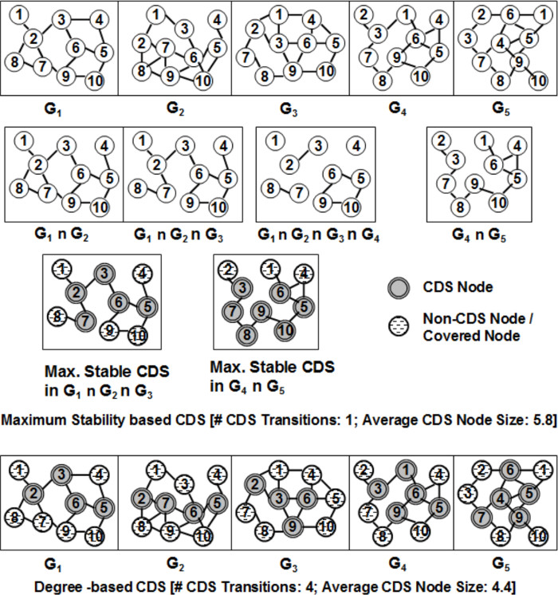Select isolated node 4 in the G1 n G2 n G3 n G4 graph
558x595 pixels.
pos(357,146)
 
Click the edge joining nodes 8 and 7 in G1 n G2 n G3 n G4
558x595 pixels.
pos(285,190)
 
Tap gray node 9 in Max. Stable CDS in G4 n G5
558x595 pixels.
pos(258,309)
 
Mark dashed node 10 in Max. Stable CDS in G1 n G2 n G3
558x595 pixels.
pos(139,335)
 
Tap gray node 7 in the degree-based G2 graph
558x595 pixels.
pos(164,503)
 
